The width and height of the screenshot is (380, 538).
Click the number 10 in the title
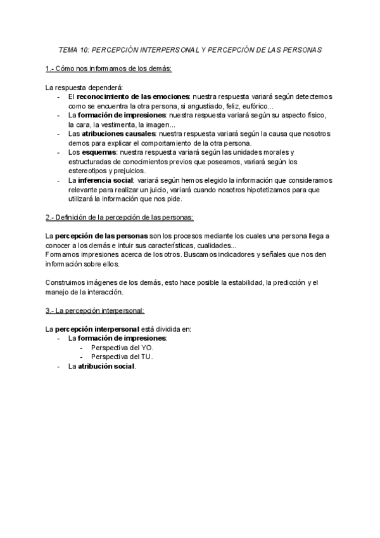tap(84, 49)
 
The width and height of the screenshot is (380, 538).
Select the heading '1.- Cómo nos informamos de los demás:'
tap(110, 69)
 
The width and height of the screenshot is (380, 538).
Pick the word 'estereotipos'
tap(89, 171)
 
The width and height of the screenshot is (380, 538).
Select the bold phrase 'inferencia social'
tap(107, 180)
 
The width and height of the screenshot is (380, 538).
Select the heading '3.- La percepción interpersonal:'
tap(95, 310)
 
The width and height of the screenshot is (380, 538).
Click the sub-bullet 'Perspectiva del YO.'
tap(122, 348)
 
